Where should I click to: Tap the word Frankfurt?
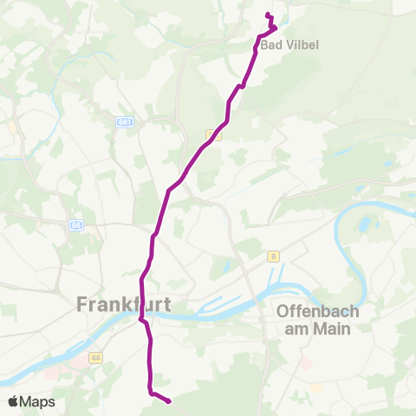pyautogui.click(x=124, y=304)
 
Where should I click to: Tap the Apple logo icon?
pyautogui.click(x=13, y=401)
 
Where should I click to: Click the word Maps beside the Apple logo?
pyautogui.click(x=39, y=401)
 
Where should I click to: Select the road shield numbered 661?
pyautogui.click(x=126, y=123)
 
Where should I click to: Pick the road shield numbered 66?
pyautogui.click(x=75, y=224)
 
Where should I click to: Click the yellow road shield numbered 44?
pyautogui.click(x=94, y=357)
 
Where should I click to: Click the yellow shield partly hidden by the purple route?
pyautogui.click(x=210, y=134)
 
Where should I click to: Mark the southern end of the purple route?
pyautogui.click(x=167, y=400)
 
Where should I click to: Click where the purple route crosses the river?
pyautogui.click(x=142, y=318)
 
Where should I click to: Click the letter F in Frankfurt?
pyautogui.click(x=83, y=304)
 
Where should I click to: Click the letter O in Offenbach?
pyautogui.click(x=283, y=311)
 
